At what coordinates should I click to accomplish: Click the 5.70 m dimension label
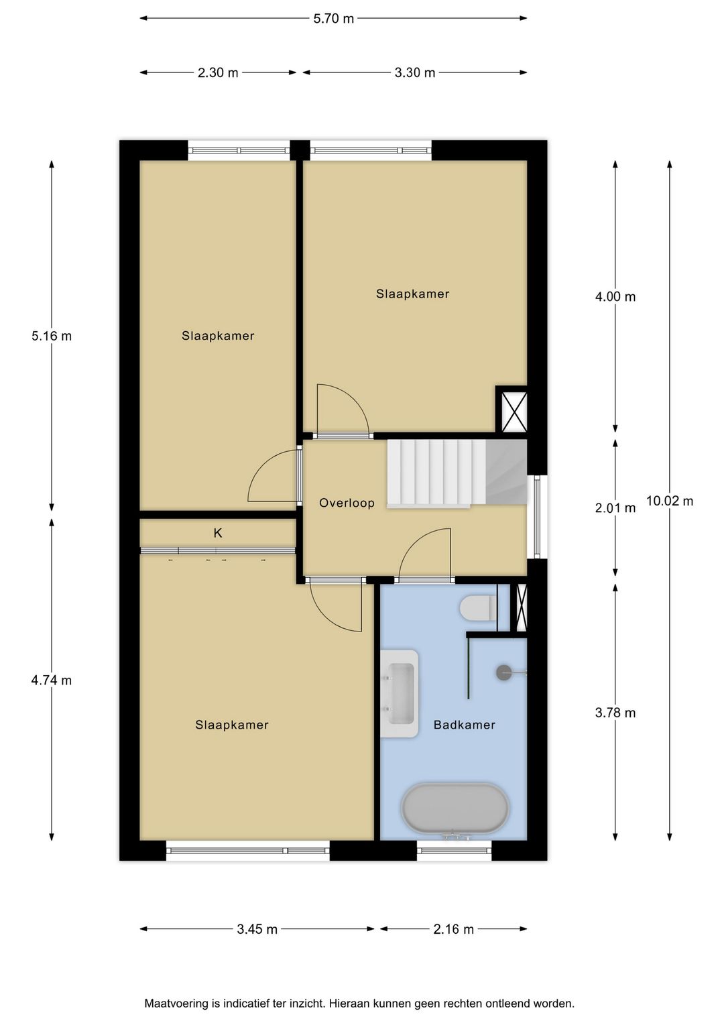(333, 19)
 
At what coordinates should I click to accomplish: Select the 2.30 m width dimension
(218, 72)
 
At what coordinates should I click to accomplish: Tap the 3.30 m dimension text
(415, 72)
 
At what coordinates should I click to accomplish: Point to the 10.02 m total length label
(670, 501)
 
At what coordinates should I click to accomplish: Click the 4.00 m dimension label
(615, 297)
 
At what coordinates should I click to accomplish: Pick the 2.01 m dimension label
(615, 507)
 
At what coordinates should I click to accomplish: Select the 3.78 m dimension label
(615, 713)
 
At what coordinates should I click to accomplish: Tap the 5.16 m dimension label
(52, 336)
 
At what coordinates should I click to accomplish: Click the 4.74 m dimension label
(52, 680)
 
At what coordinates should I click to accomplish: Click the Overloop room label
(347, 503)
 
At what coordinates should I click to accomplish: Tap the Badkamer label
(465, 725)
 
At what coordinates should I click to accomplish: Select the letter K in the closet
(218, 533)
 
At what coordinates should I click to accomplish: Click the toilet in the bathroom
(478, 608)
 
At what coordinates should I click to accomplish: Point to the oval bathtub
(455, 808)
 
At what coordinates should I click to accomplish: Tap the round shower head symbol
(504, 672)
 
